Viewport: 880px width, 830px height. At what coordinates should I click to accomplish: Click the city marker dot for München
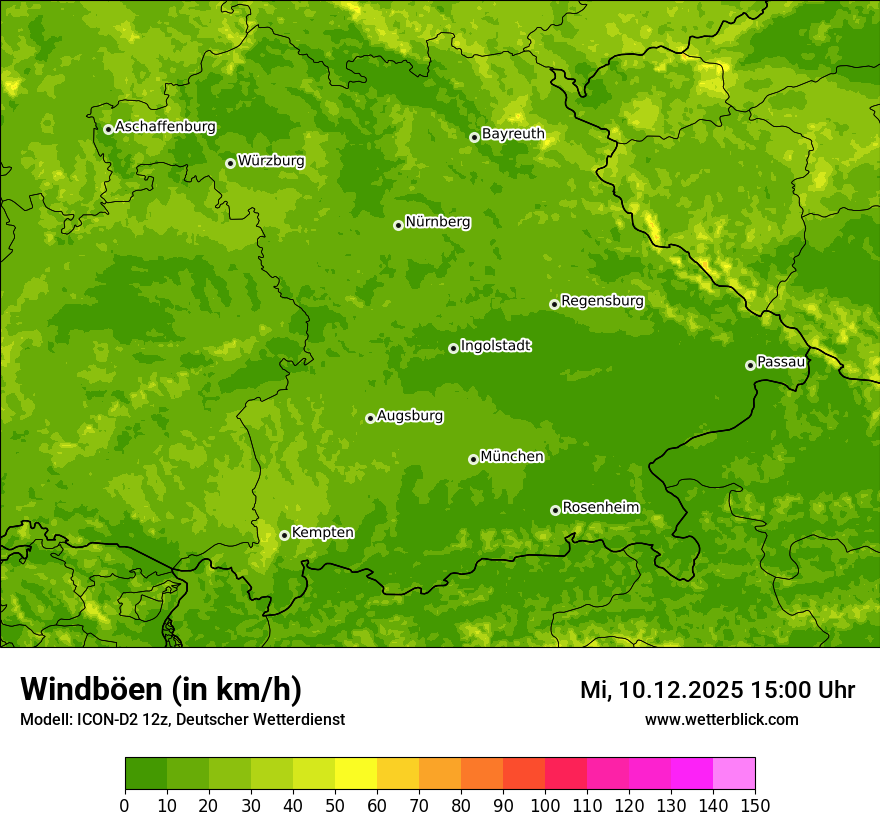tap(473, 459)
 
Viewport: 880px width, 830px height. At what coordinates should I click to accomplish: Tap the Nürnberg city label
tap(438, 222)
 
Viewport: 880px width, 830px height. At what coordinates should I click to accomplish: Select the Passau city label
tap(781, 362)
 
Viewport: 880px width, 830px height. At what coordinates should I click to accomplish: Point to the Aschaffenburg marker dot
tap(108, 129)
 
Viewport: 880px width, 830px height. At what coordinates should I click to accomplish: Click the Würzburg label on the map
tap(271, 161)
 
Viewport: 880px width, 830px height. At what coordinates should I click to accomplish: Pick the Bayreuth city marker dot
tap(474, 137)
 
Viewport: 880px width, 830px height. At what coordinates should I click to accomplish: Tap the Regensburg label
tap(602, 301)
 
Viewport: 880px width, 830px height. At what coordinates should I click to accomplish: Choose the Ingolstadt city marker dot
tap(453, 348)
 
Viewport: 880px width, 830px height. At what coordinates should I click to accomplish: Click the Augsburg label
tap(410, 416)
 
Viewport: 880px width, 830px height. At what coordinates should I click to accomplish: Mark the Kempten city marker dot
tap(284, 535)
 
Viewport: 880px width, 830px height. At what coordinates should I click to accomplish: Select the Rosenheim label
tap(601, 508)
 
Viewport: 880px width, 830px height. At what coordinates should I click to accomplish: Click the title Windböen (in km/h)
tap(161, 690)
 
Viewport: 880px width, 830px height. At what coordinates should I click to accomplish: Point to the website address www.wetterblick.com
tap(721, 719)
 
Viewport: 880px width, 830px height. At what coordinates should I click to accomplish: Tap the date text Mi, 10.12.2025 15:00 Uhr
tap(717, 690)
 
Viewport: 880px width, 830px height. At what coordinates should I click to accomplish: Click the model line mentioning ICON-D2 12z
tap(182, 719)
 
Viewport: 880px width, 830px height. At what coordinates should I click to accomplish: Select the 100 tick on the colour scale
tap(545, 805)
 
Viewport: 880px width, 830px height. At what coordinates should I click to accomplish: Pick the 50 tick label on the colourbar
tap(335, 805)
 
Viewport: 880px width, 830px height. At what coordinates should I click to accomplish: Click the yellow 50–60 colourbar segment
tap(356, 774)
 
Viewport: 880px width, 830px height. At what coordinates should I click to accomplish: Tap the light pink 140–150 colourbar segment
tap(734, 774)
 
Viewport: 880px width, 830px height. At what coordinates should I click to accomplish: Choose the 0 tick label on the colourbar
tap(125, 805)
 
